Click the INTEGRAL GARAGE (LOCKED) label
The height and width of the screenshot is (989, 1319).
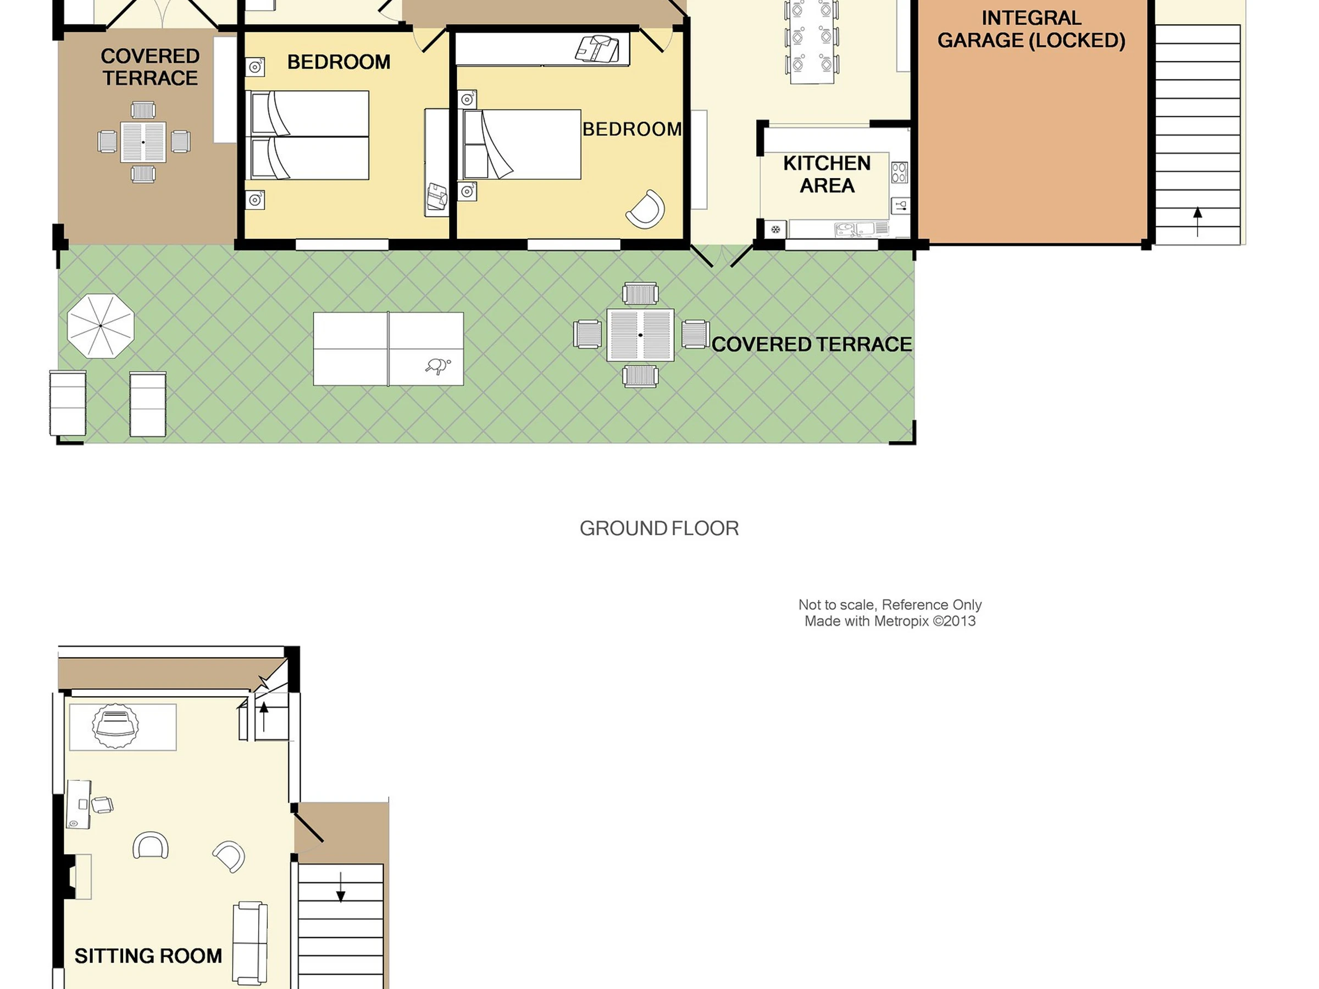pyautogui.click(x=1031, y=29)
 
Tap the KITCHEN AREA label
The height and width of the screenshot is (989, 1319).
pyautogui.click(x=827, y=174)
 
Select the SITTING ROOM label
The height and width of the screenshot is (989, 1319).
pyautogui.click(x=148, y=955)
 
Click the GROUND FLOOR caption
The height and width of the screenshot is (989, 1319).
pyautogui.click(x=659, y=528)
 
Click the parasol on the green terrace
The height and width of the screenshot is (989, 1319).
pyautogui.click(x=101, y=326)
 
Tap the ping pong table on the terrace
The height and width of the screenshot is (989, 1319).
pyautogui.click(x=388, y=349)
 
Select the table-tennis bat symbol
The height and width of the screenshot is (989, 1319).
pyautogui.click(x=438, y=365)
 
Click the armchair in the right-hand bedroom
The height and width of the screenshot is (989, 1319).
pyautogui.click(x=645, y=209)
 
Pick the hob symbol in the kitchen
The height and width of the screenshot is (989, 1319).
pyautogui.click(x=899, y=173)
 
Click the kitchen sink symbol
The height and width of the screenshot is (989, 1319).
pyautogui.click(x=862, y=229)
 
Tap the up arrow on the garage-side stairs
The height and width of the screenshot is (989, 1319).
pyautogui.click(x=1198, y=222)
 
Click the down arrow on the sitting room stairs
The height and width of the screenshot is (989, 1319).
pyautogui.click(x=341, y=887)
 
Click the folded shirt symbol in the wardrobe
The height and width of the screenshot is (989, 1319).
pyautogui.click(x=597, y=48)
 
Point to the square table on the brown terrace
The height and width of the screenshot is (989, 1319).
pyautogui.click(x=143, y=142)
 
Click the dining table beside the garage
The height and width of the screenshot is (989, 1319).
pyautogui.click(x=812, y=42)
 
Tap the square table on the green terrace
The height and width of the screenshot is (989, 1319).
pyautogui.click(x=640, y=335)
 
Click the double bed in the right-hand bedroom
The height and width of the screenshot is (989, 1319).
pyautogui.click(x=519, y=145)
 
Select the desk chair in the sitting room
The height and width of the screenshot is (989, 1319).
pyautogui.click(x=103, y=805)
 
